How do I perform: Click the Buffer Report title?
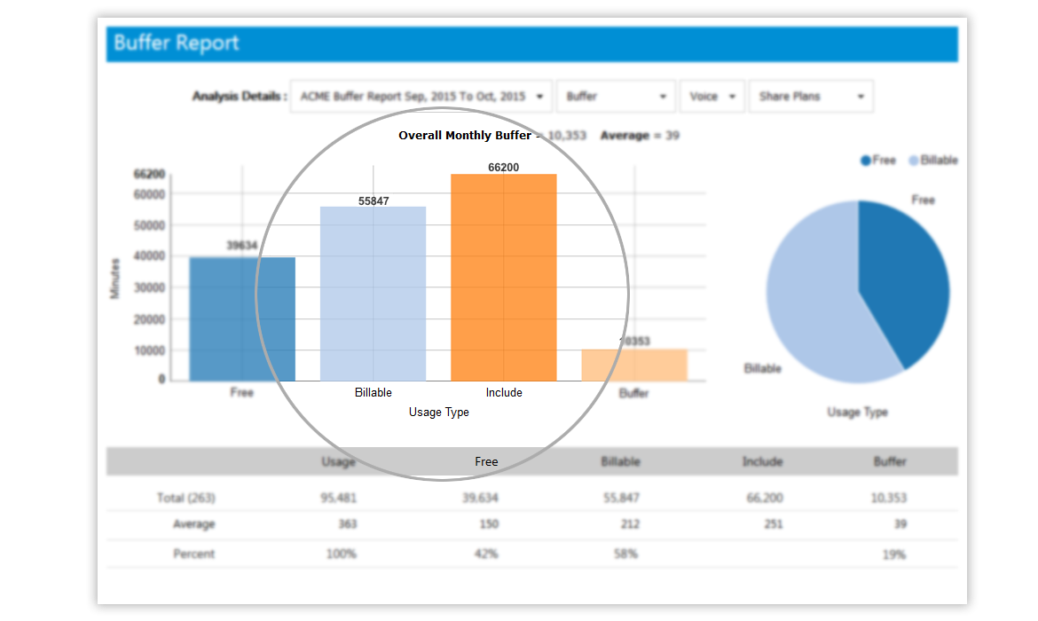click(x=177, y=43)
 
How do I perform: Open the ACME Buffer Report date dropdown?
click(x=421, y=97)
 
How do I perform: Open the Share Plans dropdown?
click(x=811, y=97)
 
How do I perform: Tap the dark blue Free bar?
click(x=242, y=318)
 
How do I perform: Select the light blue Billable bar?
click(x=373, y=294)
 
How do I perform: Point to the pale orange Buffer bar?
click(x=634, y=365)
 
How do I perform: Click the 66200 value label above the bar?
click(x=503, y=167)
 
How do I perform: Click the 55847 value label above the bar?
click(x=374, y=200)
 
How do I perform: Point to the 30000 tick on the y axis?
click(x=150, y=287)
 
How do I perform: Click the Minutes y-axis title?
click(x=115, y=278)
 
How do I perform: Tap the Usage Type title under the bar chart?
click(x=438, y=413)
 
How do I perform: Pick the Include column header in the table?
click(x=762, y=461)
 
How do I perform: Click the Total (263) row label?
click(x=185, y=498)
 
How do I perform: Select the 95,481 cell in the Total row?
click(x=338, y=498)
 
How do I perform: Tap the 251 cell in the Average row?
click(x=773, y=524)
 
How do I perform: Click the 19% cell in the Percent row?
click(x=894, y=554)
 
